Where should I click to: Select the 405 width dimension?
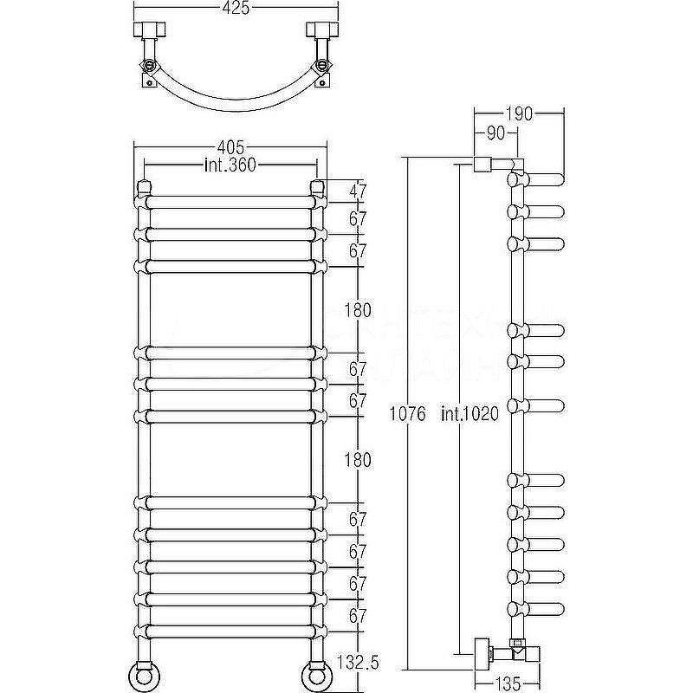tap(230, 148)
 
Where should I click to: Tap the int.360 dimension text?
tap(230, 165)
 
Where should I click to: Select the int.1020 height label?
tap(470, 414)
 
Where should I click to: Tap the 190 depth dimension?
tap(520, 113)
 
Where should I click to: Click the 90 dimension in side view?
tap(495, 133)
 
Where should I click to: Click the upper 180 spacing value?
tap(357, 309)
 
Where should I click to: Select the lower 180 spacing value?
tap(357, 460)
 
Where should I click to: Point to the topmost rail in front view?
tap(230, 201)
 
